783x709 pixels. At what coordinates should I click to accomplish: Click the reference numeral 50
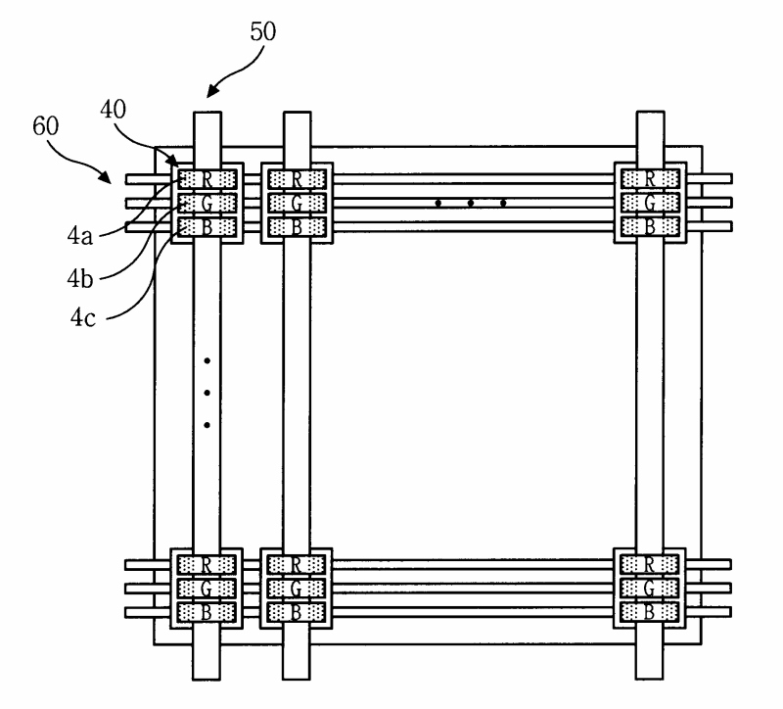[262, 31]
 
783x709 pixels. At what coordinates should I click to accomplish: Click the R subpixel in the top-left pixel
[207, 179]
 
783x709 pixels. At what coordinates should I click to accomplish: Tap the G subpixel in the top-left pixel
[207, 203]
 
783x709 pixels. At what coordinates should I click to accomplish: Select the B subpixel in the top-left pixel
[207, 226]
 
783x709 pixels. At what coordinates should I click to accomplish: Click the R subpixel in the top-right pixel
[649, 179]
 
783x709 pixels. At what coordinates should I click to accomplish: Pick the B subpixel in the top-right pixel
[649, 226]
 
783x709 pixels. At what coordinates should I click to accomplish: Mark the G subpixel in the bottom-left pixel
[207, 588]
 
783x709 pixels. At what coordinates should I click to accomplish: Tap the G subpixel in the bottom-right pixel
[649, 588]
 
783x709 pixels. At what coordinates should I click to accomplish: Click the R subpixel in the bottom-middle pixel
[296, 564]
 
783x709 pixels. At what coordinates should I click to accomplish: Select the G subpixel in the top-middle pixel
[296, 203]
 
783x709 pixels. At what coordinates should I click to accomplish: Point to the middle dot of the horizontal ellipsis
[471, 204]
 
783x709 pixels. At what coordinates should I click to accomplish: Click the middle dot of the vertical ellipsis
[207, 394]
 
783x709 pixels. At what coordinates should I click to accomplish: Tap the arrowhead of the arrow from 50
[207, 96]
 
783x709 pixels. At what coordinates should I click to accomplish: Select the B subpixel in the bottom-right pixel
[649, 611]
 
